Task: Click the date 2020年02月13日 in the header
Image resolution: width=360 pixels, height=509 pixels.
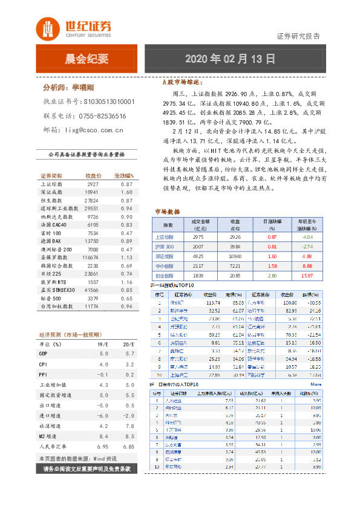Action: [x=230, y=59]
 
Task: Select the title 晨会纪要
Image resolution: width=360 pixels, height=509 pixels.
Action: [x=87, y=59]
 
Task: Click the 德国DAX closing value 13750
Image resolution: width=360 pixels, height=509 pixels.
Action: [x=91, y=241]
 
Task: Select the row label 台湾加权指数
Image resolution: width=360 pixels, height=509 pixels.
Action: [x=56, y=306]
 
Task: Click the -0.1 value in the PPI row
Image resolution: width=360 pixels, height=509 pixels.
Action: [x=102, y=374]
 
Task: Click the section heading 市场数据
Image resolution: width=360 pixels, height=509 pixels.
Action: [x=168, y=212]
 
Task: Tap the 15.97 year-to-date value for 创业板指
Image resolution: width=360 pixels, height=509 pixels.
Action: [x=307, y=276]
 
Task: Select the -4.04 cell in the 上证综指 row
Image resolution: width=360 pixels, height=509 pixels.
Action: [x=307, y=238]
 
